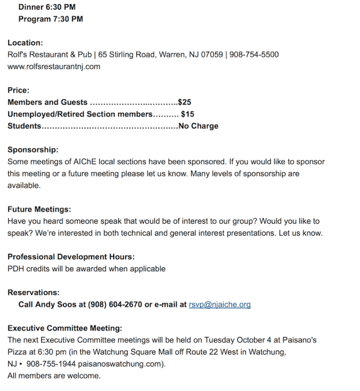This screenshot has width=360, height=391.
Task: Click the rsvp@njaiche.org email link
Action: pos(220,305)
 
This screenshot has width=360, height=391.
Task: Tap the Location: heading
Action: pos(25,43)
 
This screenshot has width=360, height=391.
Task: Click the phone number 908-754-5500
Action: pos(254,55)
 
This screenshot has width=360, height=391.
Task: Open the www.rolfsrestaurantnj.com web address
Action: pos(54,66)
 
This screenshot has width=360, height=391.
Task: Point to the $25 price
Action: pos(185,102)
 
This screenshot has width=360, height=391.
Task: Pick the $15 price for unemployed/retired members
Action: pos(188,114)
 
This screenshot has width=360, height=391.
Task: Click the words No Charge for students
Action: pos(199,126)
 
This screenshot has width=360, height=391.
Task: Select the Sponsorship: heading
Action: pos(33,150)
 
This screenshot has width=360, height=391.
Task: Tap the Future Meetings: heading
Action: pos(39,209)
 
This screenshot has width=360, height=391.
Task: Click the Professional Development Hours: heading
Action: pos(71,257)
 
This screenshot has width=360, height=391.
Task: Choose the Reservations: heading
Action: pos(33,293)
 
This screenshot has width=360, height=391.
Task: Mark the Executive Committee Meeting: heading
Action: pos(65,328)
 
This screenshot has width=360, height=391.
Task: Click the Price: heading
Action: pos(19,91)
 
